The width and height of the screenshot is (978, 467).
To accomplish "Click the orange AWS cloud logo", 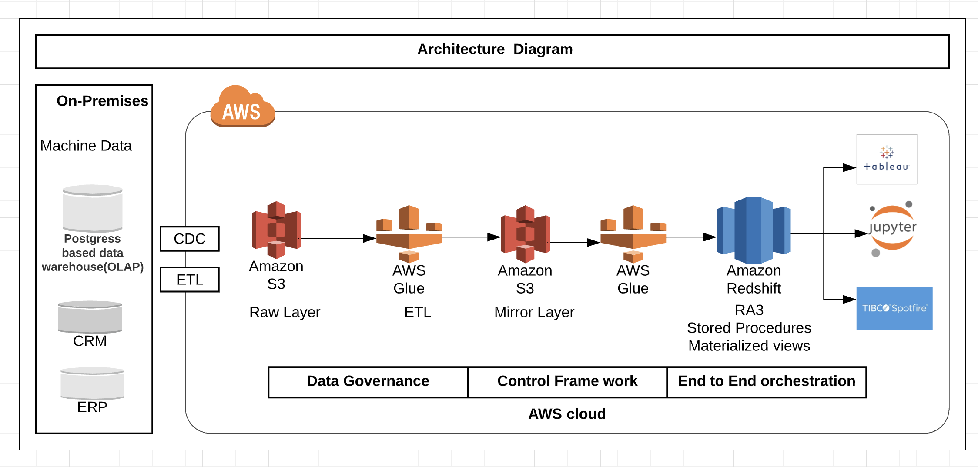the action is tap(243, 106).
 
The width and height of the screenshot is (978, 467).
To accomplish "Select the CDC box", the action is tap(190, 239).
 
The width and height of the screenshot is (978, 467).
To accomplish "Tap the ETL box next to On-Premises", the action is tap(190, 279).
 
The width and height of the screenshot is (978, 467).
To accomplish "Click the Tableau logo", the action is tap(887, 159).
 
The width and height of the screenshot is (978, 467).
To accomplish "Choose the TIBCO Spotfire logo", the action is tap(894, 308).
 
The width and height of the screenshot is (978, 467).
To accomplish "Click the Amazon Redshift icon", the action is tap(754, 230).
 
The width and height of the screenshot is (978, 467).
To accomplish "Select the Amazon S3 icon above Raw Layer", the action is tap(276, 230).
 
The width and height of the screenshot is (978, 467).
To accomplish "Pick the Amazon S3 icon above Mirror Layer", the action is tap(525, 234).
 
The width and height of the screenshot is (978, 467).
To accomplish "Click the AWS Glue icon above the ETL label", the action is tap(409, 234).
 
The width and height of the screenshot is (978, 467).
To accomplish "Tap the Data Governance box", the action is tap(368, 382).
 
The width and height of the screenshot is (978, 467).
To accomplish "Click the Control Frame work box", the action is tap(567, 382).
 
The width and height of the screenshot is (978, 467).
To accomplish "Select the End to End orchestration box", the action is tap(767, 382).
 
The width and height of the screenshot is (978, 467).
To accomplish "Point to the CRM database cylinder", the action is tap(90, 317).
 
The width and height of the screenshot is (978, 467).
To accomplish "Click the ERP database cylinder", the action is tap(92, 383).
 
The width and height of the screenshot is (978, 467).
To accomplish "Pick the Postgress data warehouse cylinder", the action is tap(92, 208).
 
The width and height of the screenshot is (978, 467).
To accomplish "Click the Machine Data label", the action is tap(86, 146).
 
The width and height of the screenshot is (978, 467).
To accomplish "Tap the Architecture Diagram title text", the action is tap(495, 49).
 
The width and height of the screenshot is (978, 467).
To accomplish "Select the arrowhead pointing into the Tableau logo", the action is tap(850, 167).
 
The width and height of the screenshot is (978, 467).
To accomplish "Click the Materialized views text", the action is tap(749, 346).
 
